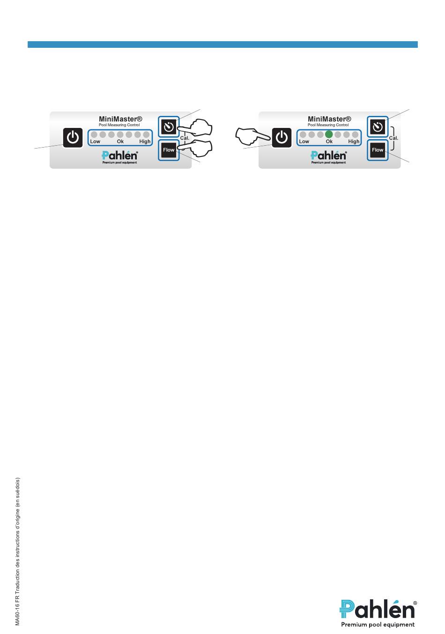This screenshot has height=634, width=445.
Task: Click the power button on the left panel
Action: point(73,138)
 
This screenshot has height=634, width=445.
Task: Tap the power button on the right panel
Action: point(282,138)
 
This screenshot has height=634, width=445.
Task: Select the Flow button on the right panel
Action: point(378,150)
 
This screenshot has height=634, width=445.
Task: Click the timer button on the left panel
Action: point(169,127)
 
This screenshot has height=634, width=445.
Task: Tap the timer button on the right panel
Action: point(378,127)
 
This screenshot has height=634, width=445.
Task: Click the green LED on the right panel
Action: point(329,134)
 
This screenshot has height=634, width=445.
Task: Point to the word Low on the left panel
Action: point(95,142)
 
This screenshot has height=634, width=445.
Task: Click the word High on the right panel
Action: point(354,142)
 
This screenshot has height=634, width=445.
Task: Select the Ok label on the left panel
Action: point(120,142)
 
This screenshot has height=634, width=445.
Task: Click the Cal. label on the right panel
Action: point(393,138)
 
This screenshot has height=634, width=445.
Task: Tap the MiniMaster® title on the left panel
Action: point(120,119)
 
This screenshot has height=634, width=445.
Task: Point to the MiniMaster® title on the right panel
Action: point(329,119)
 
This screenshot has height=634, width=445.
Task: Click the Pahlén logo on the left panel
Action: point(119,156)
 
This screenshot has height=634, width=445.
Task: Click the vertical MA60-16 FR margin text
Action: point(17,551)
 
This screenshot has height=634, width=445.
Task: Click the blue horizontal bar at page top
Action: point(222,45)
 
